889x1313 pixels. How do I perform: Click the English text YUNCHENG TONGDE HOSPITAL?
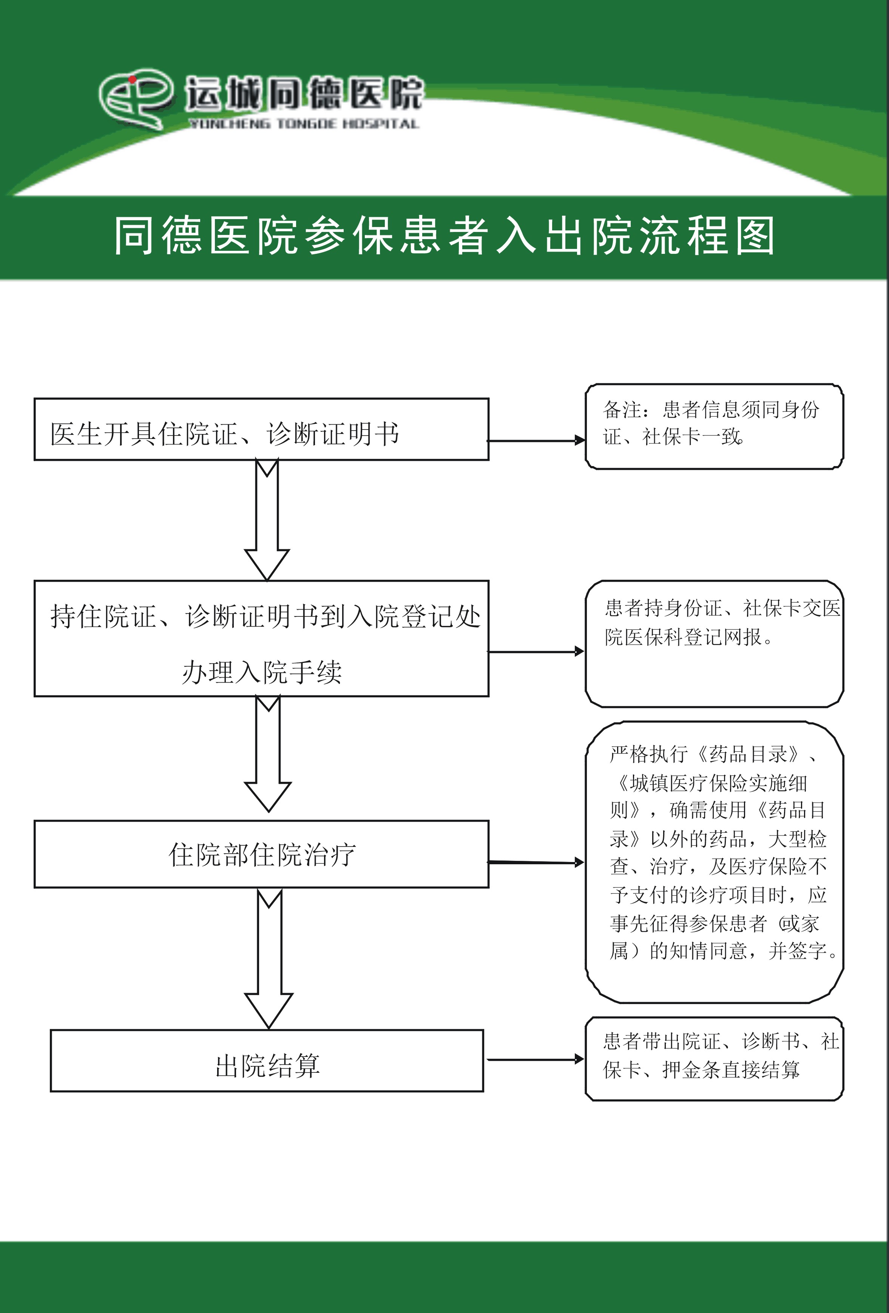303,124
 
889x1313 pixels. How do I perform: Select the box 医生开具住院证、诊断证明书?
261,429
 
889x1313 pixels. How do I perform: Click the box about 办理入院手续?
261,638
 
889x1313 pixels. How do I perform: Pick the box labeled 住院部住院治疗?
261,854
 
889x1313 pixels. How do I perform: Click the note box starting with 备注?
714,426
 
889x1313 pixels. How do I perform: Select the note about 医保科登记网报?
714,644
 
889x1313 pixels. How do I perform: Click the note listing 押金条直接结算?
714,1059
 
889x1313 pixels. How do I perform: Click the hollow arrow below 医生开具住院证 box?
267,520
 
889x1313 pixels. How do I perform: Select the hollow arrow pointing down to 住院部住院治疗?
268,754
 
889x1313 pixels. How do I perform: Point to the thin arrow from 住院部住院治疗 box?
536,862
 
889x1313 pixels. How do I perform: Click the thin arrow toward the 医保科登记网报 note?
536,652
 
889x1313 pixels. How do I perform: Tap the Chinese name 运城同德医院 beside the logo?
304,93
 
